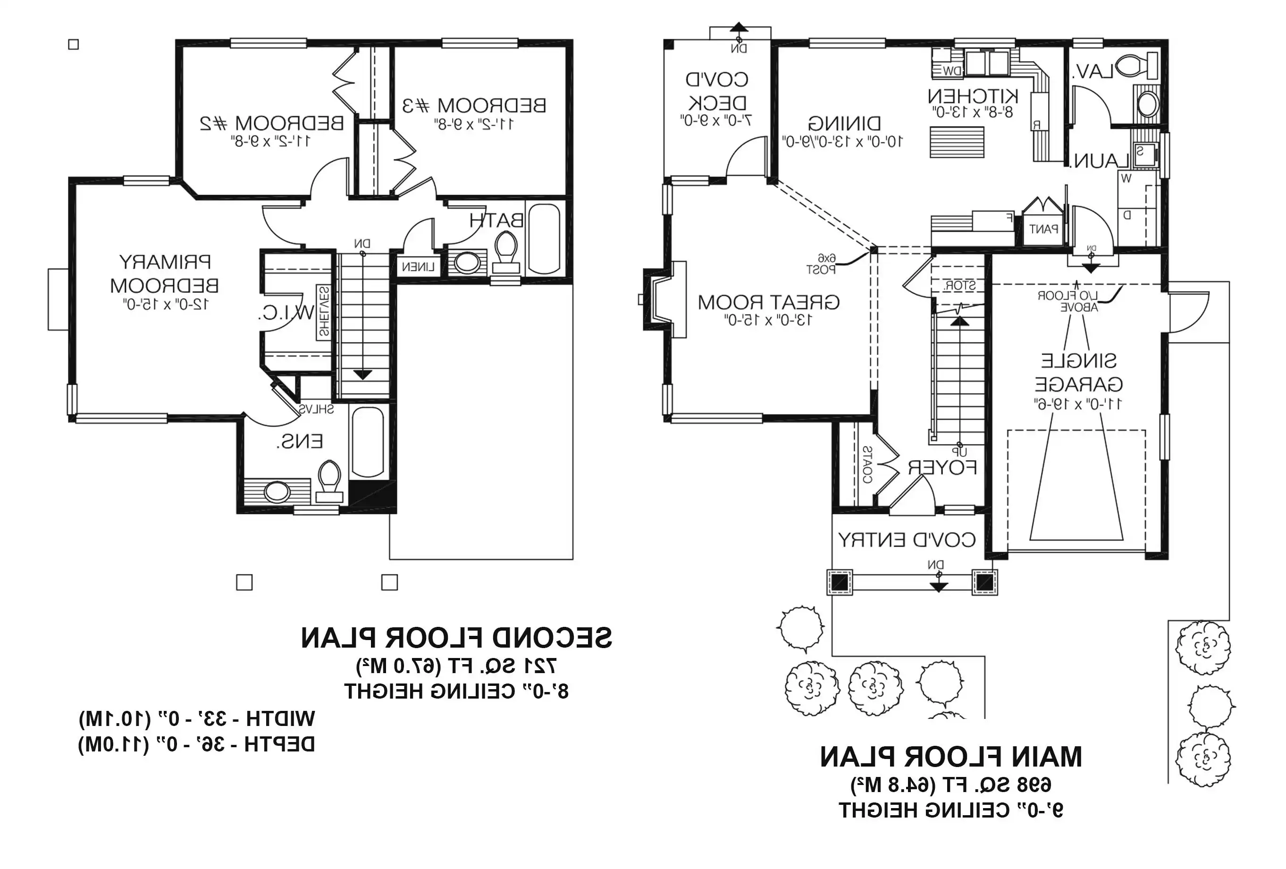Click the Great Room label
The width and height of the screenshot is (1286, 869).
tap(768, 302)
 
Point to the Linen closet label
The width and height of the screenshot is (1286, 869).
tap(418, 267)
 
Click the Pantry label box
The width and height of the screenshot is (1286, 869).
tap(1043, 228)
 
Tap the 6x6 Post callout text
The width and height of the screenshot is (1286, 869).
tap(821, 264)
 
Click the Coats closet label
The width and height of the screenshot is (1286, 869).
tap(867, 465)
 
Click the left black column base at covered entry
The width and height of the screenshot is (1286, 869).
tap(840, 582)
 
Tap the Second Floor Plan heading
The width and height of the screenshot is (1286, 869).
tap(456, 638)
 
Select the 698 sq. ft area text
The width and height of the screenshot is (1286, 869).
tap(950, 785)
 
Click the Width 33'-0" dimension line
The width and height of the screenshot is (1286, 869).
tap(197, 719)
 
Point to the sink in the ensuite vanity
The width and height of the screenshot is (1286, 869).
tap(277, 491)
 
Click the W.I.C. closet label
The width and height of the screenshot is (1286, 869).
tap(286, 313)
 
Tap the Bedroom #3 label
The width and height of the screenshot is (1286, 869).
tap(474, 105)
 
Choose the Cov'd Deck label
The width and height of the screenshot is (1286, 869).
tap(717, 91)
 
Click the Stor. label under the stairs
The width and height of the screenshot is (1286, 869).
tap(959, 286)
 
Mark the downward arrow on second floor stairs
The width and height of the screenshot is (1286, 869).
tap(362, 375)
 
